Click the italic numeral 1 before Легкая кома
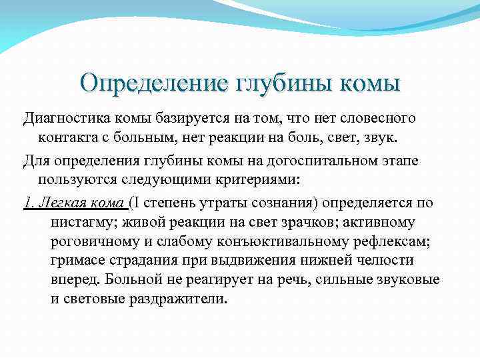27,203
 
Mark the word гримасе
79,259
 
